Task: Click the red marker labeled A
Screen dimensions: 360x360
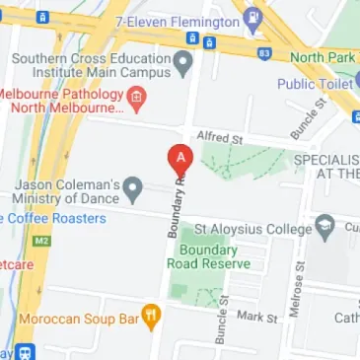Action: click(x=179, y=159)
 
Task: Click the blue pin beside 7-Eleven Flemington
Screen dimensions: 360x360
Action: click(x=253, y=17)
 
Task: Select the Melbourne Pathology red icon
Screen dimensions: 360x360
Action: click(x=138, y=98)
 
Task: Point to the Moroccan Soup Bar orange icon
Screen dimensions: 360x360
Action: click(x=151, y=317)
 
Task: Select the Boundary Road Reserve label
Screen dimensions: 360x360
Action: click(x=208, y=257)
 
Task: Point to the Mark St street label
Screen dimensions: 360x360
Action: click(x=257, y=317)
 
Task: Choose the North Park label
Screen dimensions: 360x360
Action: click(x=321, y=57)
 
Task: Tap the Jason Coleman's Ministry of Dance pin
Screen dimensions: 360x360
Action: click(x=134, y=186)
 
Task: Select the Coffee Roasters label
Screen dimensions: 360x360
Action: click(x=51, y=218)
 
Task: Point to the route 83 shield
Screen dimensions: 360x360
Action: click(x=264, y=51)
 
